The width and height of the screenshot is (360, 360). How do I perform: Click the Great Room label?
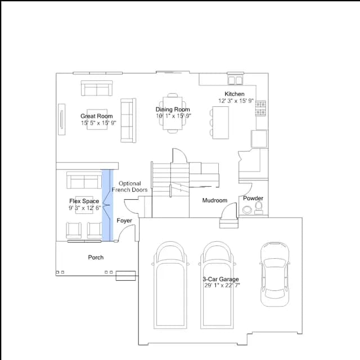pos(97,116)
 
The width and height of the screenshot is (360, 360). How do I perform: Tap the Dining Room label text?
pos(173,110)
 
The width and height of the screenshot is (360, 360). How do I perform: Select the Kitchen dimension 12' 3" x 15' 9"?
pos(236,101)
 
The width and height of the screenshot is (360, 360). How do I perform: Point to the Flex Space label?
pos(84,201)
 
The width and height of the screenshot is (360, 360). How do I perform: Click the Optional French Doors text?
pos(130,187)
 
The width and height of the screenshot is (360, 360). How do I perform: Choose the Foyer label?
pos(124,220)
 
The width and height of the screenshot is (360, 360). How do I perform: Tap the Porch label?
pos(96,258)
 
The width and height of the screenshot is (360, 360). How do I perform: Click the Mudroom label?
pos(215,200)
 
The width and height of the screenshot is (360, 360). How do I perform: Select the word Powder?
pos(253,199)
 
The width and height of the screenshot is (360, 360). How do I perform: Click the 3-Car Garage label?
pos(221,279)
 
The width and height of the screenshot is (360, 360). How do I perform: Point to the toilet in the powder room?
pos(259,208)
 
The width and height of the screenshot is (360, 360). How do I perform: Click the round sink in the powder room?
pos(247,210)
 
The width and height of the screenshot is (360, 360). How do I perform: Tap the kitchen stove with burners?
pos(261,108)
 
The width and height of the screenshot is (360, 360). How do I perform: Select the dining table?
pos(173,113)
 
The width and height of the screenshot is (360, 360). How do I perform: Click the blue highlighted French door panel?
pos(107,205)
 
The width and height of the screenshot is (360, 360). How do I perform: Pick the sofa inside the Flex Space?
pos(84,180)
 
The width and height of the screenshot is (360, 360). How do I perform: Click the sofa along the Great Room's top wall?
pos(97,88)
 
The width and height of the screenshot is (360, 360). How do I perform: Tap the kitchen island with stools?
pos(220,123)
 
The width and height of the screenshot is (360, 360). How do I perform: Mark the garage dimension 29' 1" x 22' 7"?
pos(222,285)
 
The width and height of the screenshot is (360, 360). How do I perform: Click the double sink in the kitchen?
pos(235,80)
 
